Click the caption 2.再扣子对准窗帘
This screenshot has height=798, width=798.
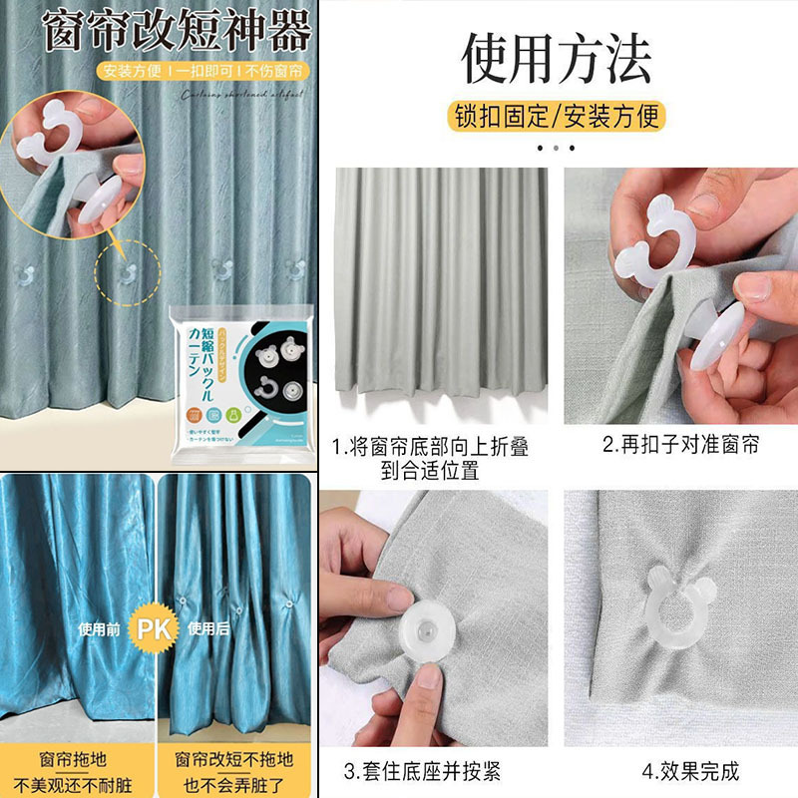[680, 445]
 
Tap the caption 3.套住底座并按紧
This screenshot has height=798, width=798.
[436, 771]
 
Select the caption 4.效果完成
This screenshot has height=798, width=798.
[678, 771]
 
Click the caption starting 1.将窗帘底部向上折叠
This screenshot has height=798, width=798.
[431, 457]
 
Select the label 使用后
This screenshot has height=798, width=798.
[208, 630]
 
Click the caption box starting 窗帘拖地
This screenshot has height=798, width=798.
[77, 771]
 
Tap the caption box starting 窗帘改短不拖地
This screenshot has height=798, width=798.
[236, 771]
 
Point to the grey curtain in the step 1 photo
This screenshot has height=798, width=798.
[440, 289]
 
